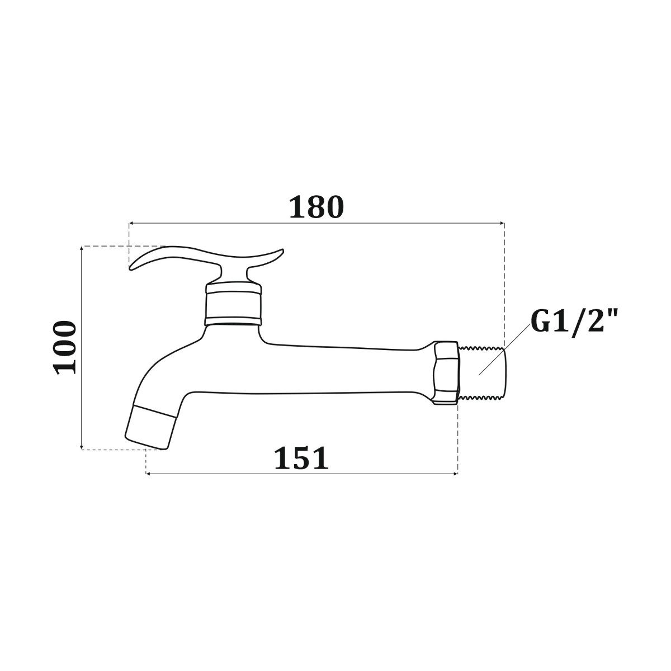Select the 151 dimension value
point(301,459)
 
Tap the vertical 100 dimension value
point(64,348)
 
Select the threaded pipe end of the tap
point(482,374)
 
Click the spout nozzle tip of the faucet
point(150,427)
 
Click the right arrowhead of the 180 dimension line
point(502,223)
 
